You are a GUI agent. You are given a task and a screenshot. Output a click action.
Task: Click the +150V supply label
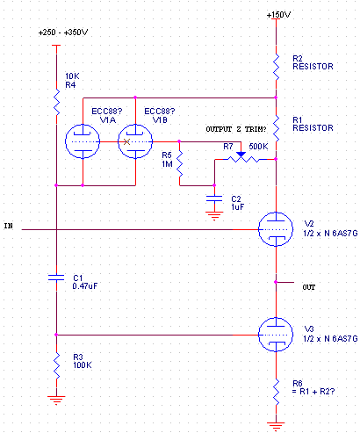coord(278,15)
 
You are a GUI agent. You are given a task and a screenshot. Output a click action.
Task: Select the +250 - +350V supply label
coord(63,32)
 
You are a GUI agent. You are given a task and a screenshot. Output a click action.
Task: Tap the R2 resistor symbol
coord(276,67)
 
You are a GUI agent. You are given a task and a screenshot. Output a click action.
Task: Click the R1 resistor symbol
coord(276,128)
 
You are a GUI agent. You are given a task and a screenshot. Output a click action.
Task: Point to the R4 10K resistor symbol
coord(56,102)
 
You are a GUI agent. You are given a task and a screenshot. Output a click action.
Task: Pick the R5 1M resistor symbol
coord(179,163)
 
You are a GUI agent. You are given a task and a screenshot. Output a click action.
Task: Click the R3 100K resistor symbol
coord(56,365)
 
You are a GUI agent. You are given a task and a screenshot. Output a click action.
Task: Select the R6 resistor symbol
coord(276,392)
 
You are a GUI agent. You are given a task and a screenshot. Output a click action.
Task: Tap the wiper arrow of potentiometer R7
coord(241,155)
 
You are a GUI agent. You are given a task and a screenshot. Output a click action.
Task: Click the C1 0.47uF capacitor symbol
coord(56,278)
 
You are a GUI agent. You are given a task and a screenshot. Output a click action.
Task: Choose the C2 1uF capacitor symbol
coord(214,198)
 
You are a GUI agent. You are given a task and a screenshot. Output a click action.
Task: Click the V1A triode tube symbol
coord(83,141)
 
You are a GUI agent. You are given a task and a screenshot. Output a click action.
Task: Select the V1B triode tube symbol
coord(135,141)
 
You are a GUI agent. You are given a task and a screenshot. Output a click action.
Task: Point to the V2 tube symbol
coord(276,229)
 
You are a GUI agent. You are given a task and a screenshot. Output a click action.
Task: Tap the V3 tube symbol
coord(276,335)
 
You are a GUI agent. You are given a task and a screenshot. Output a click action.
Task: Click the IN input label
coord(9,226)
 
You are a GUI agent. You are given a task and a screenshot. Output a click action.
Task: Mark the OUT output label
coord(309,287)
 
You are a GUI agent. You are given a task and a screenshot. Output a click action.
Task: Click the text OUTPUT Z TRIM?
coord(236,129)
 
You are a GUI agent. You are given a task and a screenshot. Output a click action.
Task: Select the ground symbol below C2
coord(214,216)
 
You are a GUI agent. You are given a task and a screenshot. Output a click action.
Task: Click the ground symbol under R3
coord(56,401)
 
